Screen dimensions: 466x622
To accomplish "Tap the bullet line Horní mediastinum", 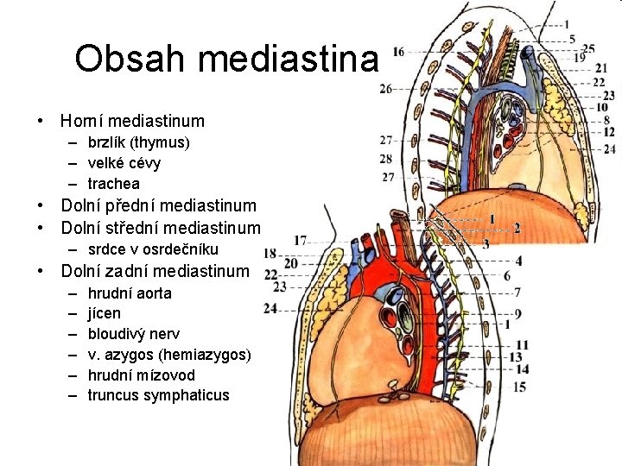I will pyautogui.click(x=132, y=121).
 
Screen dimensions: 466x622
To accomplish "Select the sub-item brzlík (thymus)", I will pyautogui.click(x=138, y=142).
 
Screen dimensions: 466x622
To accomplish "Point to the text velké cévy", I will pyautogui.click(x=124, y=163).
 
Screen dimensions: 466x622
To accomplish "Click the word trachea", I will pyautogui.click(x=113, y=184).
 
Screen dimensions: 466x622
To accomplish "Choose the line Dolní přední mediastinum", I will pyautogui.click(x=158, y=205).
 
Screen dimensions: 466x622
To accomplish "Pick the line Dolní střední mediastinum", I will pyautogui.click(x=160, y=228).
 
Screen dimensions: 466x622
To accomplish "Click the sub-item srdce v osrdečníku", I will pyautogui.click(x=152, y=249).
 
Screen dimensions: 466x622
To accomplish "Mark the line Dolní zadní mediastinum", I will pyautogui.click(x=155, y=271).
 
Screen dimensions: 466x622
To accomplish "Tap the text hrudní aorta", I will pyautogui.click(x=130, y=293).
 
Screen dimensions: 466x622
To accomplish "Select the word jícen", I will pyautogui.click(x=105, y=313).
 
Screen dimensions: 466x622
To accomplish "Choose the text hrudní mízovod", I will pyautogui.click(x=141, y=375).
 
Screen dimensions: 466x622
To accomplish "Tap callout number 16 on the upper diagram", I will pyautogui.click(x=398, y=54).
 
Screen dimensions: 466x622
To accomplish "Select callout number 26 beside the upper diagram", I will pyautogui.click(x=385, y=88).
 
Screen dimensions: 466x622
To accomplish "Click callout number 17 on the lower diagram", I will pyautogui.click(x=300, y=239).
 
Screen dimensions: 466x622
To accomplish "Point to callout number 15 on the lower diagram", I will pyautogui.click(x=519, y=387).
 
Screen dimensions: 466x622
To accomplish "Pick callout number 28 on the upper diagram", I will pyautogui.click(x=385, y=159).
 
